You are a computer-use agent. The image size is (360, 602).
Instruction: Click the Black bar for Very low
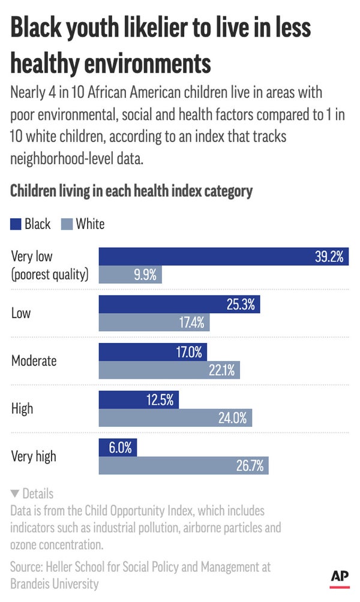(223, 256)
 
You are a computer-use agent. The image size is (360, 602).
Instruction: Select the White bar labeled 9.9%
(130, 275)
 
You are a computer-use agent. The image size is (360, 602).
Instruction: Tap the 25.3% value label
(241, 304)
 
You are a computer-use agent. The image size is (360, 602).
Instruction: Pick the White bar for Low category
(154, 323)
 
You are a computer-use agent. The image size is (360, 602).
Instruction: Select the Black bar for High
(139, 400)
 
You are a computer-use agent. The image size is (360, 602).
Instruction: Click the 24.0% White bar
(175, 418)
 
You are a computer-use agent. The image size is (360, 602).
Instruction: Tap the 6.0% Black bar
(118, 447)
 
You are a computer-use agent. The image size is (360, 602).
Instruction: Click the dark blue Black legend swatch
(16, 224)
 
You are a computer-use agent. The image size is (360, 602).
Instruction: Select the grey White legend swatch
(67, 224)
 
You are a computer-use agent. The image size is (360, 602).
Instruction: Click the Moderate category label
(34, 361)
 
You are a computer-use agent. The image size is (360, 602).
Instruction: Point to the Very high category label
(34, 456)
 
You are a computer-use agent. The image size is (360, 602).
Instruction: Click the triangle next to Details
(15, 494)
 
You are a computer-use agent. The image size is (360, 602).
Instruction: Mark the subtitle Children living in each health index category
(131, 192)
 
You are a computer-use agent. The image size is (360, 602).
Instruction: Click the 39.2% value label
(329, 256)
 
